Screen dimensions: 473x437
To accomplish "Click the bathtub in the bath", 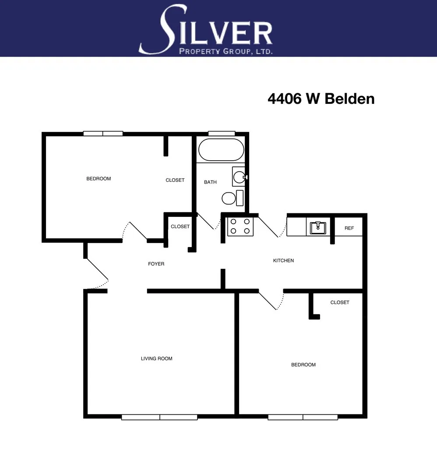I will (x=221, y=150).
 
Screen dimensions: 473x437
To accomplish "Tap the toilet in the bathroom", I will (x=229, y=198).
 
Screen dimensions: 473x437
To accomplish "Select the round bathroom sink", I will (x=239, y=177).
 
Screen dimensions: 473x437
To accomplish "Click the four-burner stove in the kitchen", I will (x=240, y=226).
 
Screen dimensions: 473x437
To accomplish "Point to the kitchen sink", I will (x=317, y=227).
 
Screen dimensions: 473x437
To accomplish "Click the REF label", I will (x=349, y=228).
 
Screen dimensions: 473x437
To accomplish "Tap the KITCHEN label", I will (x=283, y=261).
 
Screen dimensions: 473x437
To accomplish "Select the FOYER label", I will (x=156, y=264).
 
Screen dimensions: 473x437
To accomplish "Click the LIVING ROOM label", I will (x=156, y=359).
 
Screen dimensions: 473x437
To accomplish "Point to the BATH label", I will (x=210, y=182).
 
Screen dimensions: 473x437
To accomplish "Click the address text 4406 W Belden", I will (x=321, y=99).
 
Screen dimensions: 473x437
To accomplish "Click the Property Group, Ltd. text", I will (x=226, y=51).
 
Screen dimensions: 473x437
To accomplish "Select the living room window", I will (x=159, y=417).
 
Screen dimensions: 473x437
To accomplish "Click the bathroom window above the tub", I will (x=221, y=134).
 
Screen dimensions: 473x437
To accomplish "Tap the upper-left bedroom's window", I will (x=103, y=134).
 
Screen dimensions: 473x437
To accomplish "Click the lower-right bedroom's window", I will (x=303, y=417).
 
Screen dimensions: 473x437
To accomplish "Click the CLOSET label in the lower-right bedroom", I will (x=340, y=302).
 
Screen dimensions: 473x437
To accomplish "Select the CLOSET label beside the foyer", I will (x=180, y=226).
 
